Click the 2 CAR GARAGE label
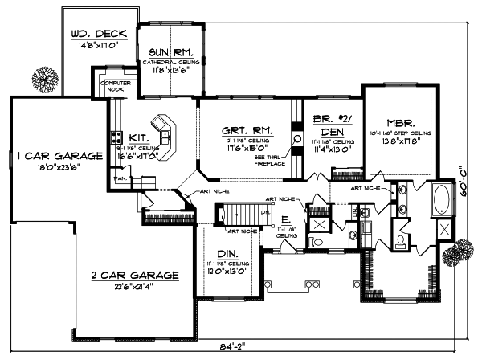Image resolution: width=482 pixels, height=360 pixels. coord(133,274)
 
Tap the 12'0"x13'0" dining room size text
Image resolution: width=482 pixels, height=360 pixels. coord(223,272)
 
